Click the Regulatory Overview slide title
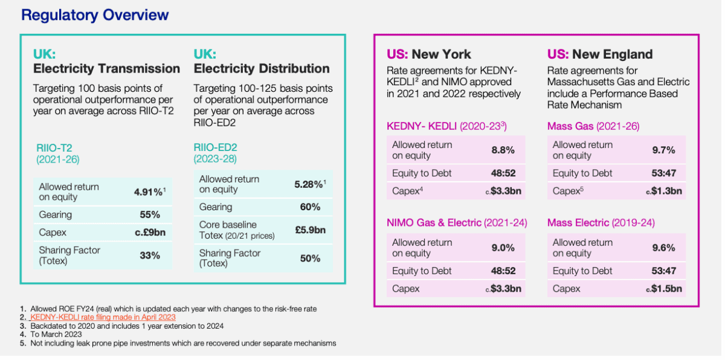coord(95,15)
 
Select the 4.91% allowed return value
coord(147,192)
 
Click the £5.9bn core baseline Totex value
coord(310,230)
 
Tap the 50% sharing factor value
coord(310,258)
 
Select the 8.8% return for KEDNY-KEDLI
coord(503,150)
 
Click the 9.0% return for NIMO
coord(503,248)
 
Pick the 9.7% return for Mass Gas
coord(663,150)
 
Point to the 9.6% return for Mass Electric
coord(663,248)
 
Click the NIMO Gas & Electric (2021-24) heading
coord(457,223)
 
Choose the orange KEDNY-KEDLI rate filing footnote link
coord(103,317)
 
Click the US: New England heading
coord(600,54)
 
